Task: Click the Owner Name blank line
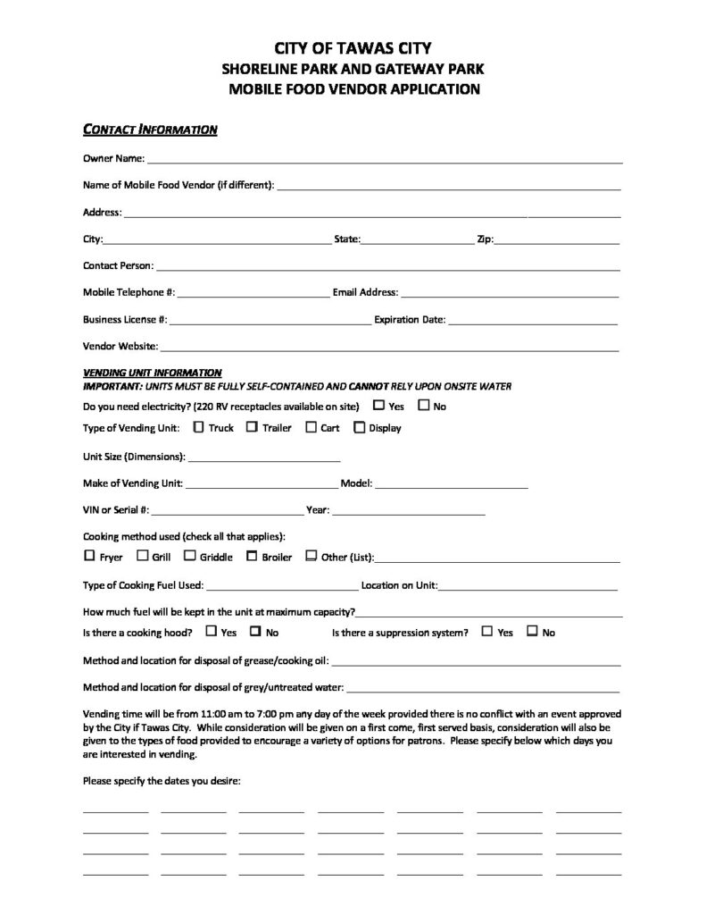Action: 385,162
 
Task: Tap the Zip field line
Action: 557,242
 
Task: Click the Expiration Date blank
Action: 533,321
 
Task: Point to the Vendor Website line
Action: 389,348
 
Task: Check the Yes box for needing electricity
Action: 378,406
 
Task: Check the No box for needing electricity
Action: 423,406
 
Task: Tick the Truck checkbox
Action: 198,427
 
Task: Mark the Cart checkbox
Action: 311,427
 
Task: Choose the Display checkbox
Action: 359,427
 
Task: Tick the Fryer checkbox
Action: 88,556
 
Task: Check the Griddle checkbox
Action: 189,556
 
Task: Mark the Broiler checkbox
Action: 252,556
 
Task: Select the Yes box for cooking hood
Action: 211,631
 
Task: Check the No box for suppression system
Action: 532,631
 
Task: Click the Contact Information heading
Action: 150,130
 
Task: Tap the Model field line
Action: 452,485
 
